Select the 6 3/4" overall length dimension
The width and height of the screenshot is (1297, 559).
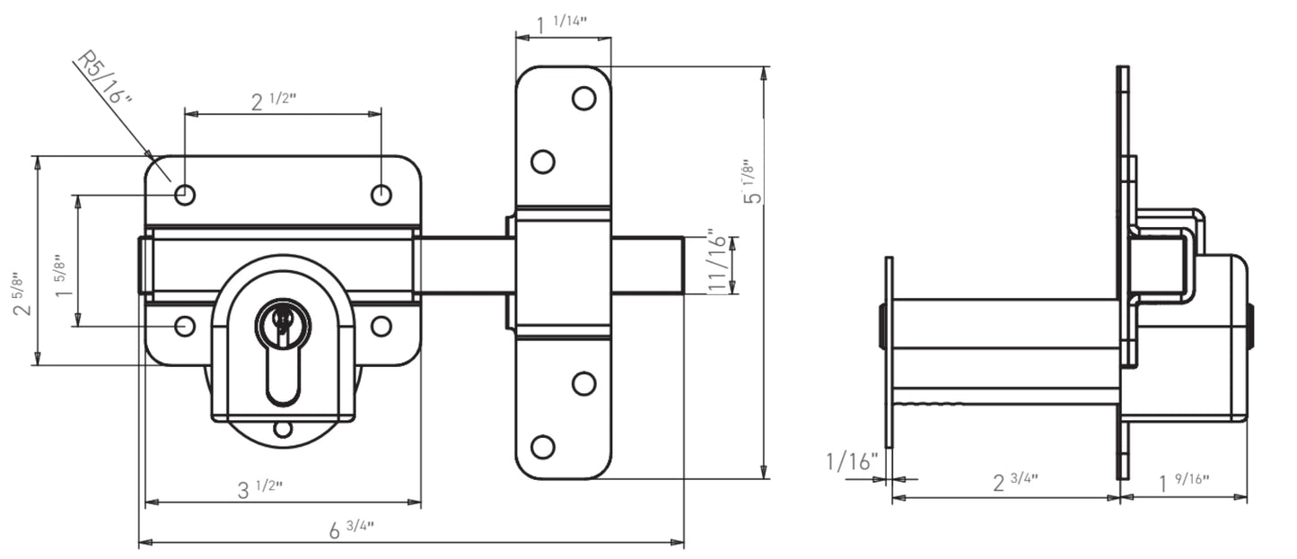tap(351, 528)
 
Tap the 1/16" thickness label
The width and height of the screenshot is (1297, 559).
tap(851, 462)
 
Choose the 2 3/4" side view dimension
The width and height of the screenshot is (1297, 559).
tap(1015, 482)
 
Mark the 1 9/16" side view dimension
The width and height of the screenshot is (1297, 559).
tap(1184, 483)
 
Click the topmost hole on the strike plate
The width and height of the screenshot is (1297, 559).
tap(583, 99)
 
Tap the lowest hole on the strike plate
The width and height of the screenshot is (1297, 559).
tap(542, 446)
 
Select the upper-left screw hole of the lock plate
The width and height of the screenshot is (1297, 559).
tap(185, 194)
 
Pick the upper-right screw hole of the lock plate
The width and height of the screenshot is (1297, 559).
tap(381, 194)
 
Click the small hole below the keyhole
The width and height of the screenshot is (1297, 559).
tap(283, 429)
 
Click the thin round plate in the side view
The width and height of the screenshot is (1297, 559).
tap(889, 352)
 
